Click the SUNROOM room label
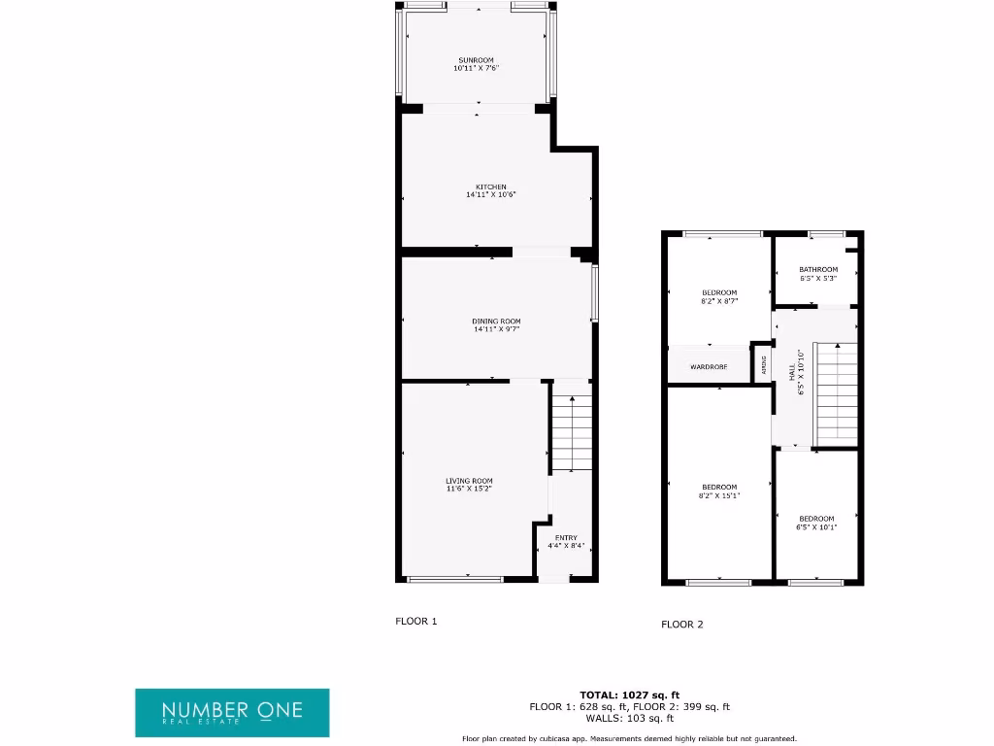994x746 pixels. coord(476,60)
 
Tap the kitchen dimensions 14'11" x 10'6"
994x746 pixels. coord(490,195)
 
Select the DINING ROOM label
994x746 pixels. coord(496,322)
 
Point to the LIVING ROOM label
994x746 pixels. coord(469,481)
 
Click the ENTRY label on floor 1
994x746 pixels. coord(566,538)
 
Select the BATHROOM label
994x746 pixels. coord(817,270)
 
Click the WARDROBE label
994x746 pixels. coord(709,367)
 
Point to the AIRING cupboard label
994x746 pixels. coord(764,365)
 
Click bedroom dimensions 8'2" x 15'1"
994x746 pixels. coord(719,495)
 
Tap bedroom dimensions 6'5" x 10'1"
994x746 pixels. coord(816,527)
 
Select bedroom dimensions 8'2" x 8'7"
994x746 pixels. coord(719,301)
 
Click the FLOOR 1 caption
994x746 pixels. coord(416,621)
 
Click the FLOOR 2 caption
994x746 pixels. coord(682,625)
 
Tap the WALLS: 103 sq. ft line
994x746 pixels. coord(629,719)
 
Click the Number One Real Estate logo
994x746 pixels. coord(232,712)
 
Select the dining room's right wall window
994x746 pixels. coord(594,292)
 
